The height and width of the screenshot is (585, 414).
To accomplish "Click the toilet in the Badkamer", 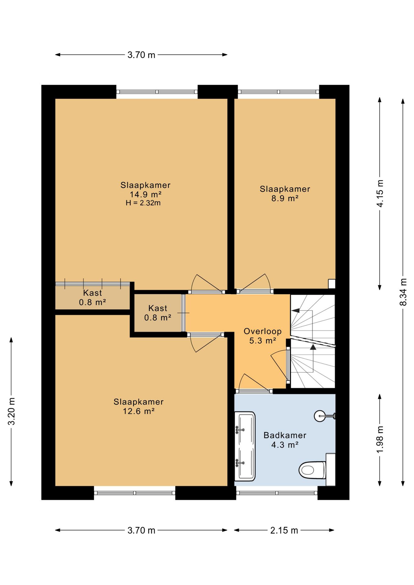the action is [x=312, y=470].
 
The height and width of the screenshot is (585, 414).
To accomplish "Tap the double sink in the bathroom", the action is [x=245, y=446].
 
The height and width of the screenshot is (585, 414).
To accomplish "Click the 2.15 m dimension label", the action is [x=284, y=530].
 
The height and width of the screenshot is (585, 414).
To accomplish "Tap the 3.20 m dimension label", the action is [x=12, y=411].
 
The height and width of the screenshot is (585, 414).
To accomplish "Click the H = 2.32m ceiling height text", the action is [x=143, y=203].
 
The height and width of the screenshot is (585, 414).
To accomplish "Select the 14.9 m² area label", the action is [x=145, y=194].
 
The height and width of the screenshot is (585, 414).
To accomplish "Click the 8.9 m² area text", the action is [x=285, y=198].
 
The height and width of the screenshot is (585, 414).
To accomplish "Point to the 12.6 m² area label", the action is [x=138, y=411].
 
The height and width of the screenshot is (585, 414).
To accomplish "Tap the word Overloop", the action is [x=262, y=331].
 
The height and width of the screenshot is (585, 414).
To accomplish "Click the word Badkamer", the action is [x=285, y=435].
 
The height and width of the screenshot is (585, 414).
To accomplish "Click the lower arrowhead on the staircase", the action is [x=313, y=347].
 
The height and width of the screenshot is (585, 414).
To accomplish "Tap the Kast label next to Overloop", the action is [x=158, y=308].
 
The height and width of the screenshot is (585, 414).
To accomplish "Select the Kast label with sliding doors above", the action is [x=93, y=293].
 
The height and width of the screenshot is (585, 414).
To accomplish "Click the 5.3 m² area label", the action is [x=262, y=341].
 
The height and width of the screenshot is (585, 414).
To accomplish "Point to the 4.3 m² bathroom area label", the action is [x=285, y=445].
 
